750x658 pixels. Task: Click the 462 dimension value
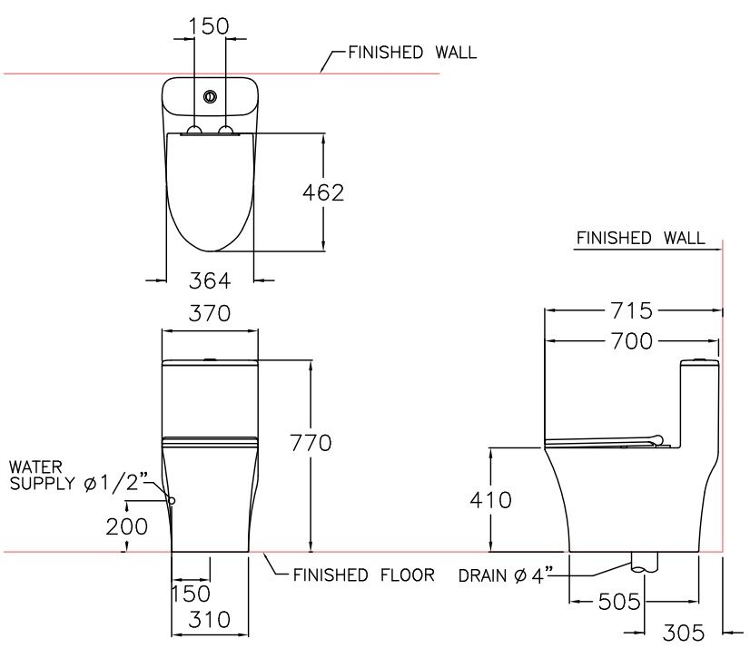(323, 192)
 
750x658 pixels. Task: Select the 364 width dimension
(210, 280)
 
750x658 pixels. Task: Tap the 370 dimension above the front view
(209, 314)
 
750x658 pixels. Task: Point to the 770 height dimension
(311, 443)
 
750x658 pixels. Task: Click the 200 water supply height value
(127, 526)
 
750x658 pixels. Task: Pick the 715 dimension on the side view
(632, 310)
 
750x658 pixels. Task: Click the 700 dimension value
(632, 341)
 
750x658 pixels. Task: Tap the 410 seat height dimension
(490, 500)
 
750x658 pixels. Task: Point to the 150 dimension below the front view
(191, 594)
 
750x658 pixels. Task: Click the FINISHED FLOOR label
(363, 575)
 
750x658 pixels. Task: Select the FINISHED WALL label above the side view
(640, 239)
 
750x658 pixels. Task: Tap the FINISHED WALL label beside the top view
(412, 53)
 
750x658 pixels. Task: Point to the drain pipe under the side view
(642, 563)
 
